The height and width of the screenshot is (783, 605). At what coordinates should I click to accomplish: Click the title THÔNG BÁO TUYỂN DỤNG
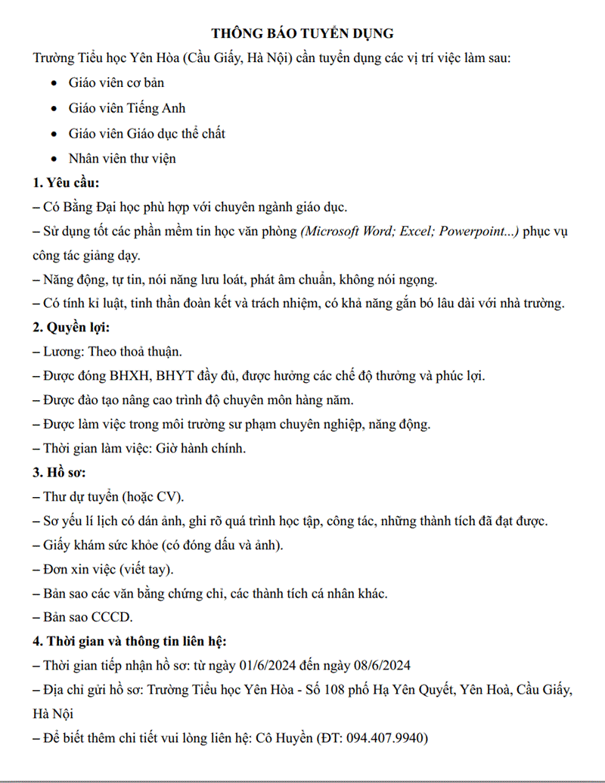click(302, 33)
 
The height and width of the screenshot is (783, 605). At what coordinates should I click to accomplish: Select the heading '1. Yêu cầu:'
click(67, 182)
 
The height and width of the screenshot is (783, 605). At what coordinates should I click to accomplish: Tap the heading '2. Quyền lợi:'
click(70, 328)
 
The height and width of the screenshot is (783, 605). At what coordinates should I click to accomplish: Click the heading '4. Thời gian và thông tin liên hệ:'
click(129, 642)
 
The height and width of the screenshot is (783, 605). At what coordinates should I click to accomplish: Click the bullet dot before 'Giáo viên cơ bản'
click(52, 83)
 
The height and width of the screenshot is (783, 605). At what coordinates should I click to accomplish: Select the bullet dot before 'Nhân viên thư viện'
click(52, 159)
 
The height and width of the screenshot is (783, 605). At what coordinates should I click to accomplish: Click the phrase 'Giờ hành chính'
click(200, 449)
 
